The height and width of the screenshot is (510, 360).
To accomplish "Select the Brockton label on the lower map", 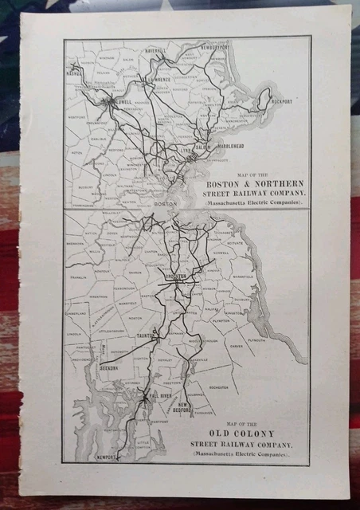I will coord(176,277).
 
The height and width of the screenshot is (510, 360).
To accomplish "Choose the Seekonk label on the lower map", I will coord(109,368).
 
